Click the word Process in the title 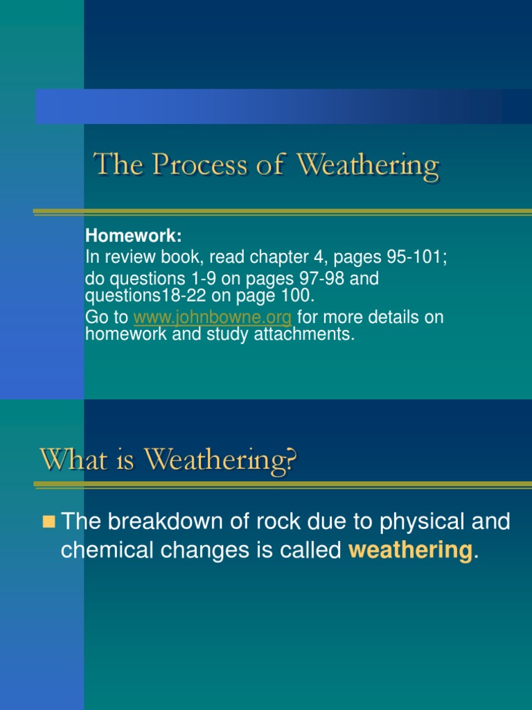point(186,166)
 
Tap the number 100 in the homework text point(299,296)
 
